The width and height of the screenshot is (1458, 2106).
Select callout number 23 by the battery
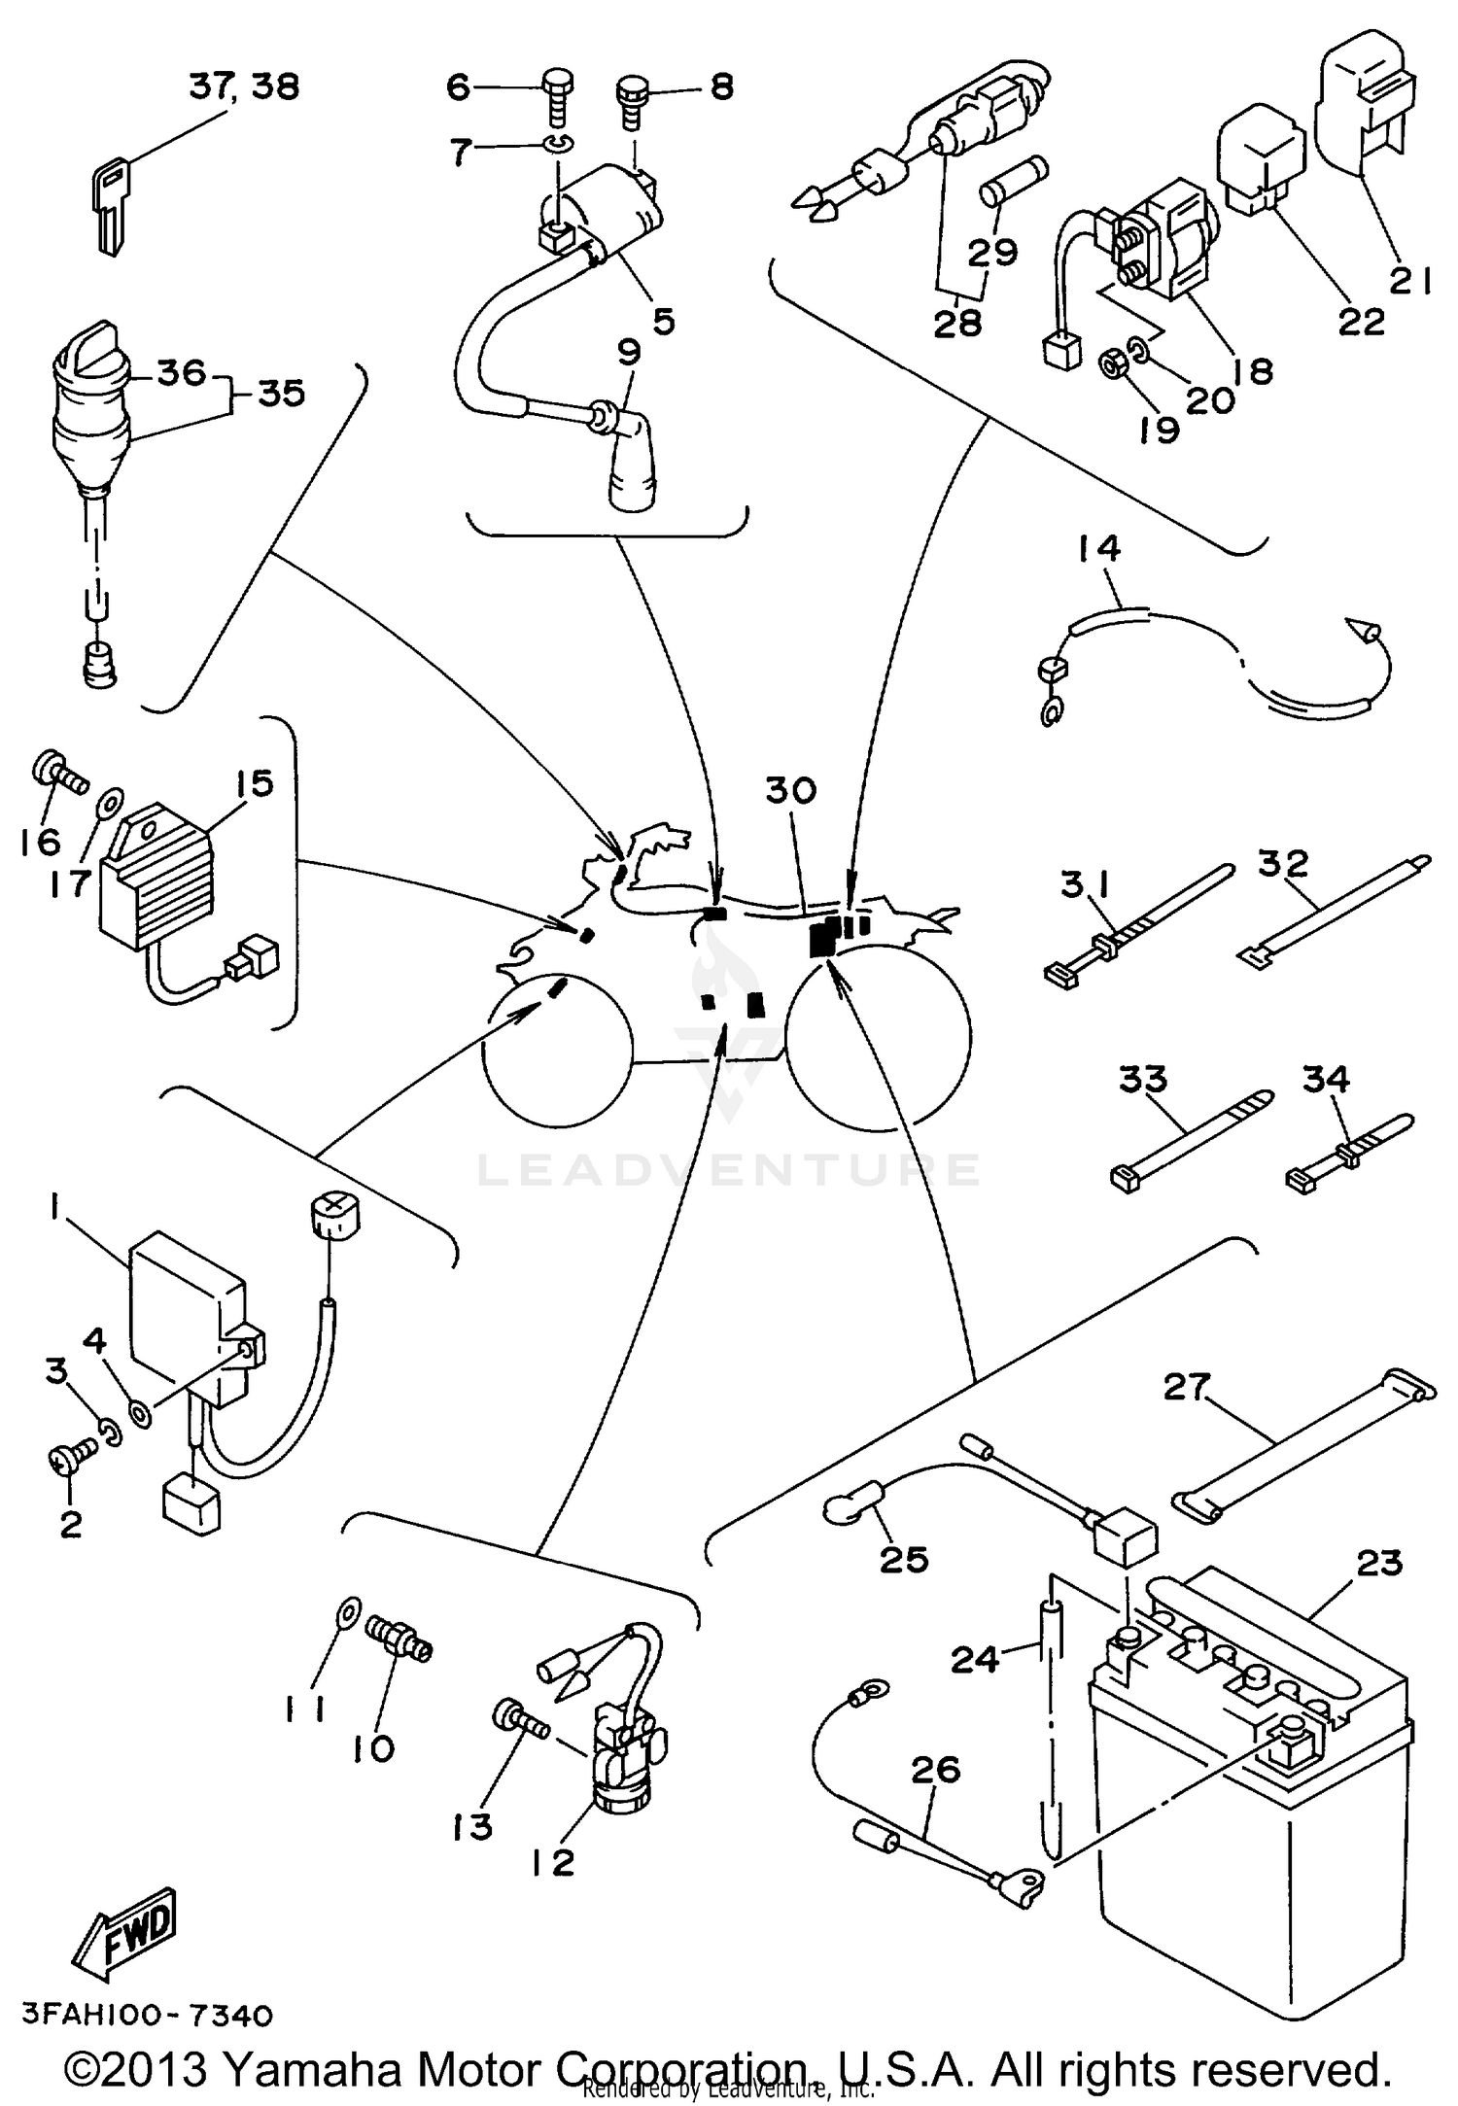tap(1380, 1562)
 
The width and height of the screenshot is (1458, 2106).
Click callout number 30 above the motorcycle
tap(790, 790)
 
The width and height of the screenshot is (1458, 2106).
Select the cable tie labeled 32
tap(1332, 909)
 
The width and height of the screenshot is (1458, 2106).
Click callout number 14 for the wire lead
tap(1098, 548)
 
